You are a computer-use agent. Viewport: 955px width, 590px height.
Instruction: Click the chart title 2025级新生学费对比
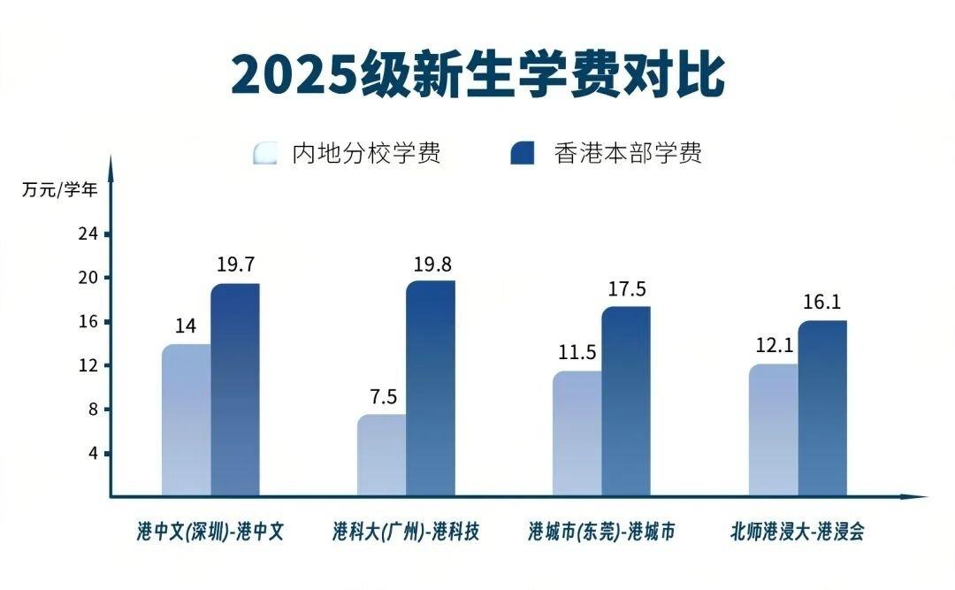477,75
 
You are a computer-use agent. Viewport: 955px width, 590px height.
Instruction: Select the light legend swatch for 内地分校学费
265,153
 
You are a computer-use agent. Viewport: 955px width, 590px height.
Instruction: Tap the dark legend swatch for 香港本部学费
523,153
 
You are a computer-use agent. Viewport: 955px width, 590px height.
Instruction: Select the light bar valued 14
186,420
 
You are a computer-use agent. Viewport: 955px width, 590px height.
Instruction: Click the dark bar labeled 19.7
235,389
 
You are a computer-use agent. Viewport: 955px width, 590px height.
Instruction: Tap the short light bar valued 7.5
382,455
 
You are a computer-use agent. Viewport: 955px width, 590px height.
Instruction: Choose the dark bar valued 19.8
431,389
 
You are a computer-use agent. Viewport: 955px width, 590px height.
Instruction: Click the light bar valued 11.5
577,433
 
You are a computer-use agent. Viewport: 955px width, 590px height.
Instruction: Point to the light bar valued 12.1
773,430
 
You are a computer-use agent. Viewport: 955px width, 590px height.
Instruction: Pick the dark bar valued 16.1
822,408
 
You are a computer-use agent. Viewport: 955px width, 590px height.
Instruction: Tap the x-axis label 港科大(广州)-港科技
406,532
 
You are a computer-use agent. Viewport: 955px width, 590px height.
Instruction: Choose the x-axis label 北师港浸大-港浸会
797,532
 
